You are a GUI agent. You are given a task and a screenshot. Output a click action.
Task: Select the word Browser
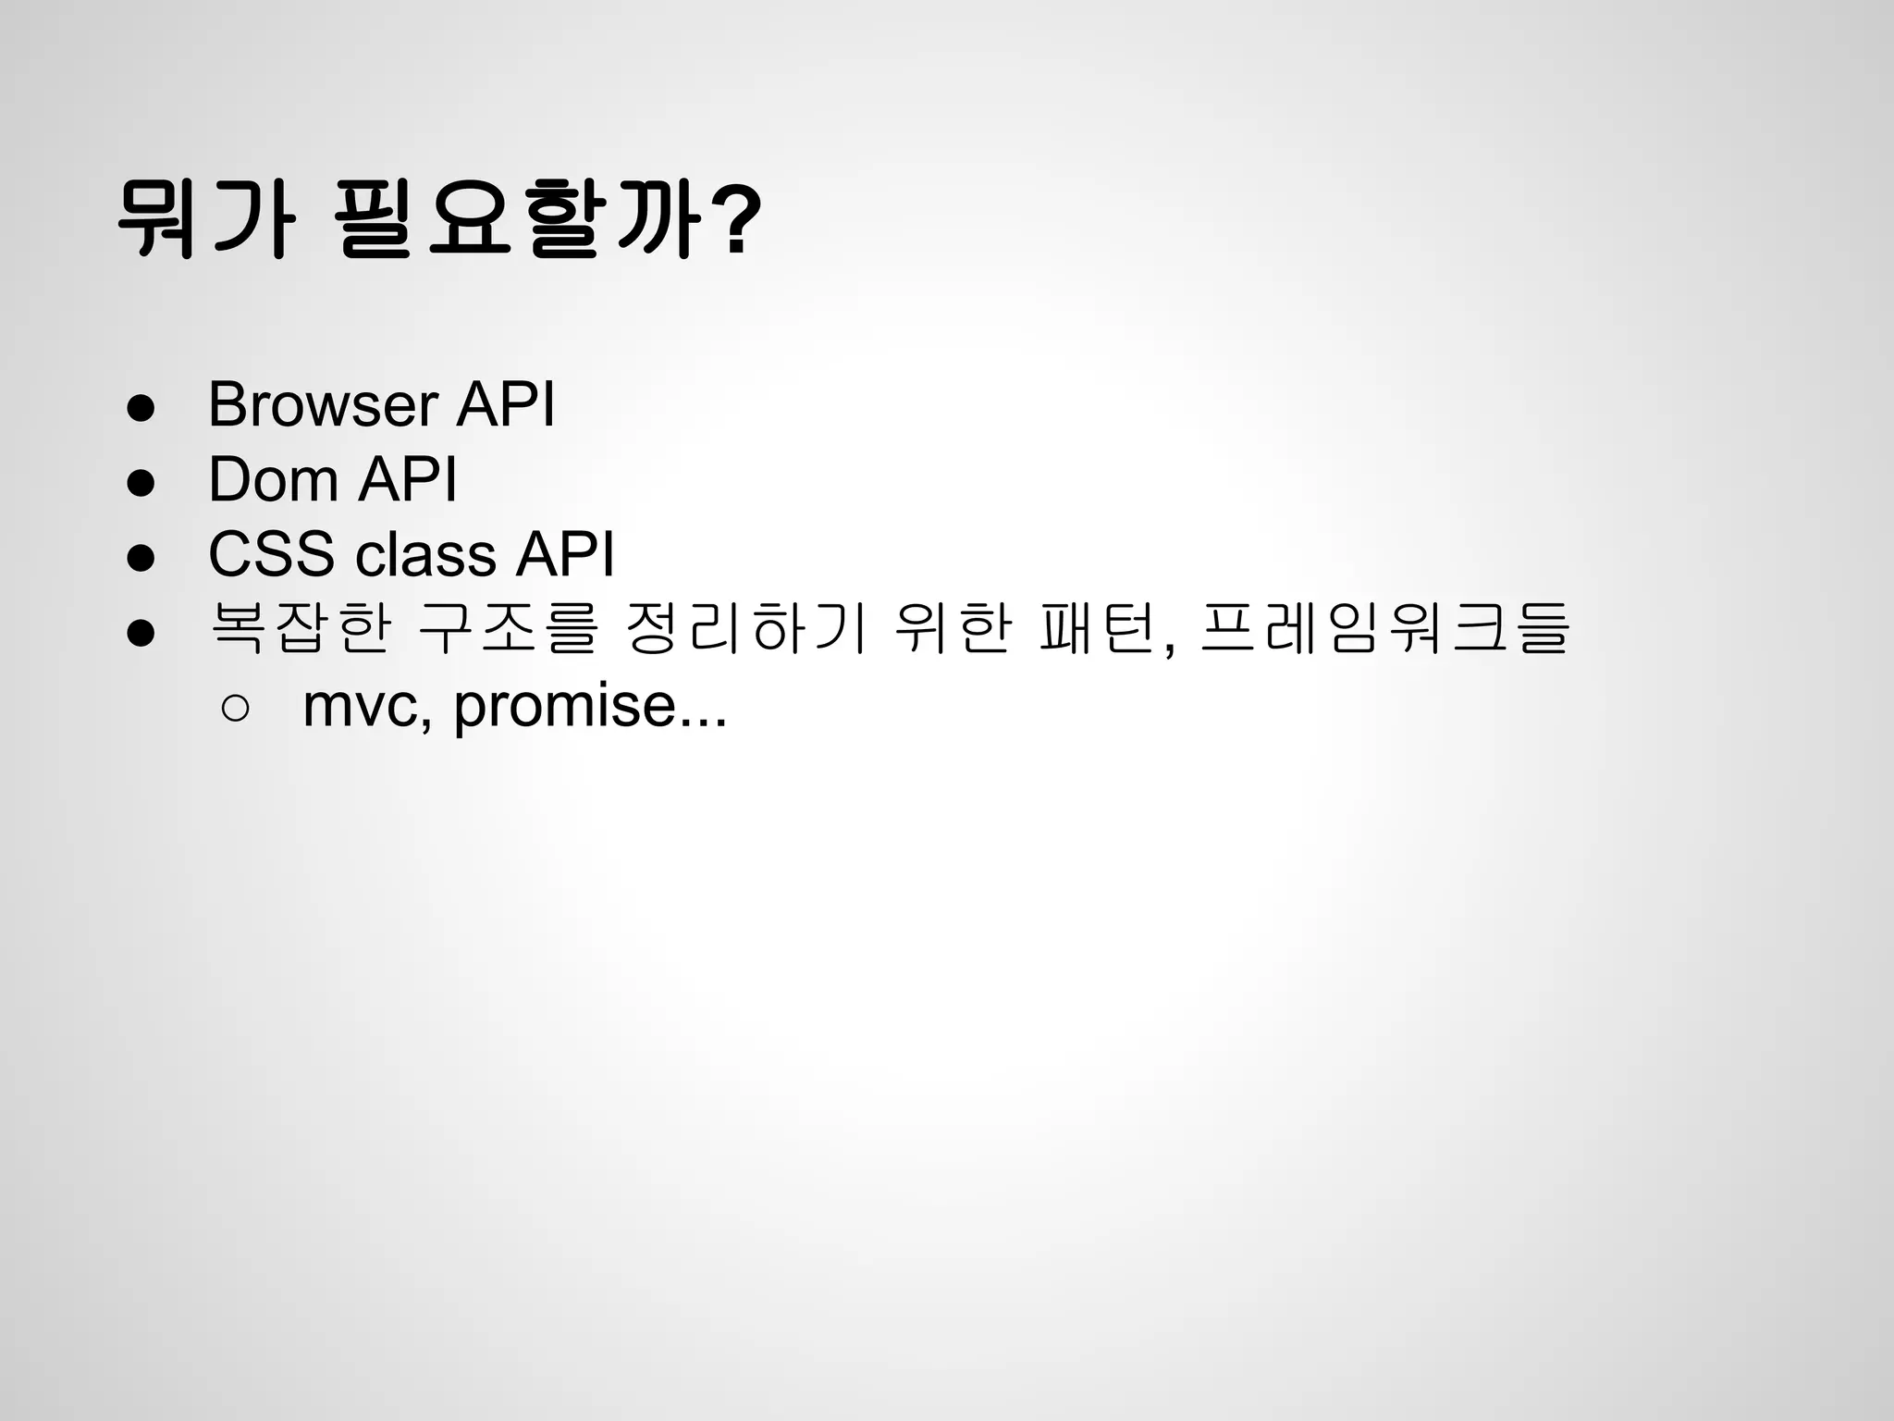[x=323, y=404]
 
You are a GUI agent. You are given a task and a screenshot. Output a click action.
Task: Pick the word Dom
[x=273, y=479]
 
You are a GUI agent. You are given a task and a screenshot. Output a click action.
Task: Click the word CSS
[x=271, y=554]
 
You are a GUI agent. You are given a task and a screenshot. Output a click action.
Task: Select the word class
[x=425, y=554]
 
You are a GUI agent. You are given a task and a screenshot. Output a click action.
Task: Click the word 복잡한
[x=301, y=629]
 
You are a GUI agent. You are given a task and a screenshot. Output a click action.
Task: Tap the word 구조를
[x=510, y=629]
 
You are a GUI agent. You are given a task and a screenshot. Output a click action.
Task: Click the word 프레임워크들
[x=1384, y=629]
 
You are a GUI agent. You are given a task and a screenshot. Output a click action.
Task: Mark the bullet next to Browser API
[x=141, y=408]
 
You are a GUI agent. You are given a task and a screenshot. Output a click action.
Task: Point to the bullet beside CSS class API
[x=141, y=558]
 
